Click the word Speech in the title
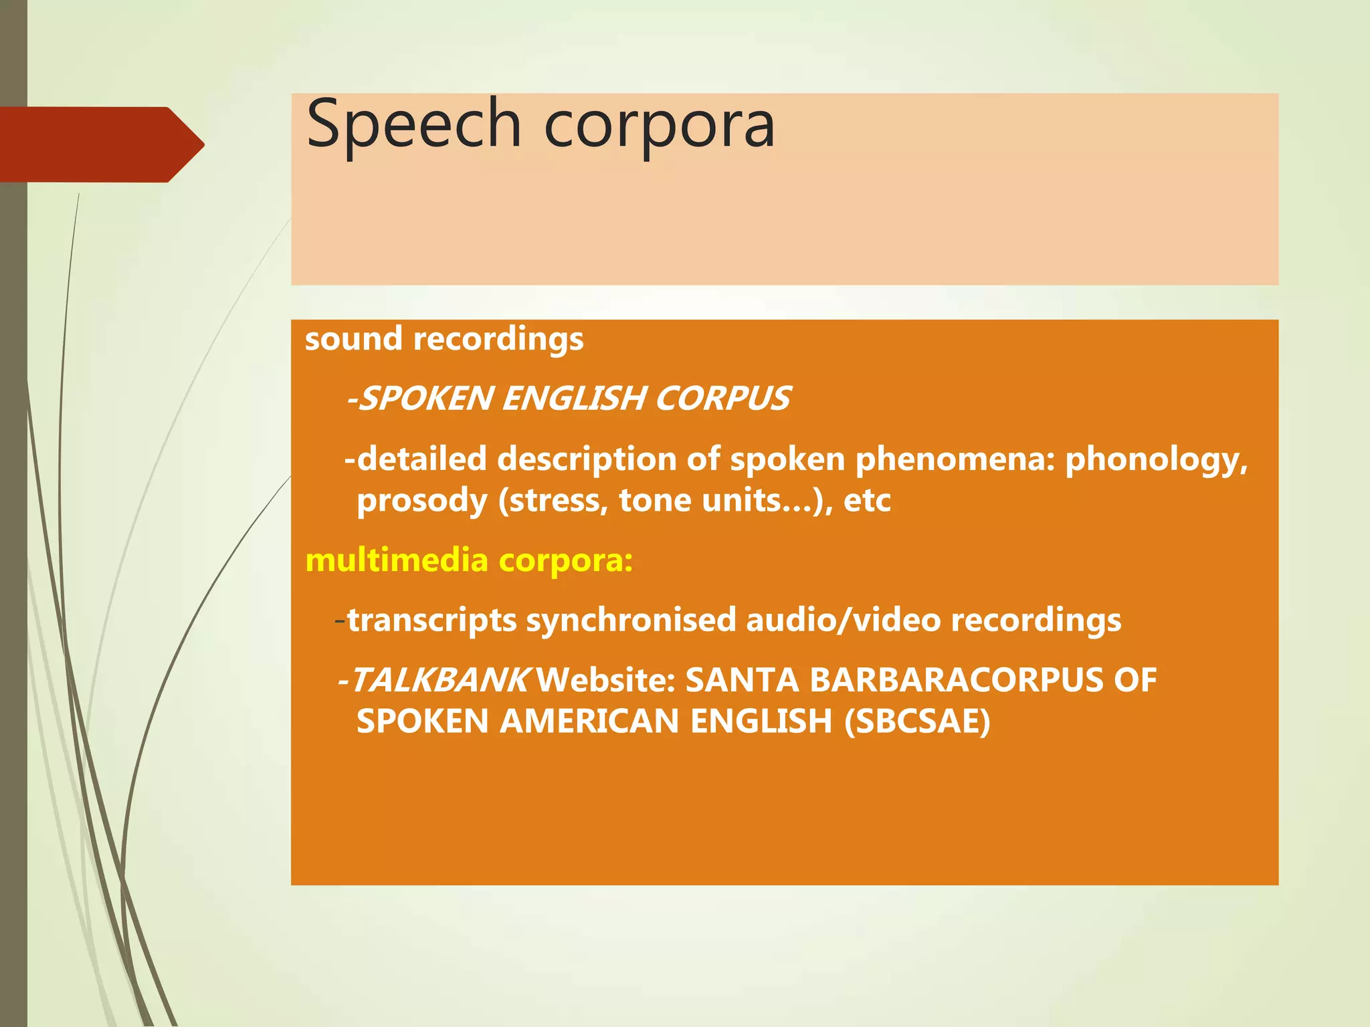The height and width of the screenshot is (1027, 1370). click(x=413, y=125)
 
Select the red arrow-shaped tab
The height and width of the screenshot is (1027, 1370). click(x=100, y=144)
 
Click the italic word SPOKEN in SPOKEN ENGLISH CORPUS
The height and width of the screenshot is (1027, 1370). click(x=426, y=398)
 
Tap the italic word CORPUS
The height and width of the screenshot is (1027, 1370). click(x=723, y=398)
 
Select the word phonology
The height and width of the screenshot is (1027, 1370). click(x=1156, y=461)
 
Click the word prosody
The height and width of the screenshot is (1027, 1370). click(x=421, y=501)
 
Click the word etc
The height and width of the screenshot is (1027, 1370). click(x=867, y=501)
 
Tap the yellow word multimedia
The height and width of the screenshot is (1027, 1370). click(x=396, y=560)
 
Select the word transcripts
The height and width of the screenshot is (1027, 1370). click(x=431, y=620)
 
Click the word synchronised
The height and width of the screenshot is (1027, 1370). click(x=631, y=620)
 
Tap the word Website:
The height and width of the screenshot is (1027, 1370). click(x=606, y=681)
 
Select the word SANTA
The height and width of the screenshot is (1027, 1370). click(x=743, y=681)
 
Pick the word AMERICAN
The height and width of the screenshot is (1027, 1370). click(x=589, y=721)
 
